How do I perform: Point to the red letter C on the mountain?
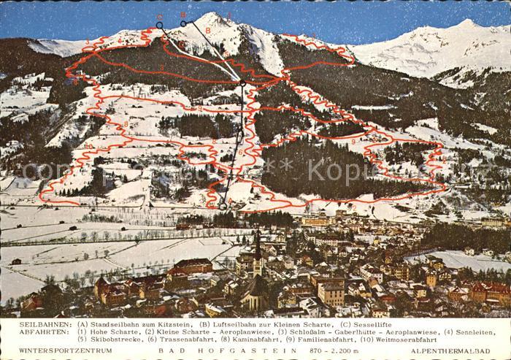point(160,16)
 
